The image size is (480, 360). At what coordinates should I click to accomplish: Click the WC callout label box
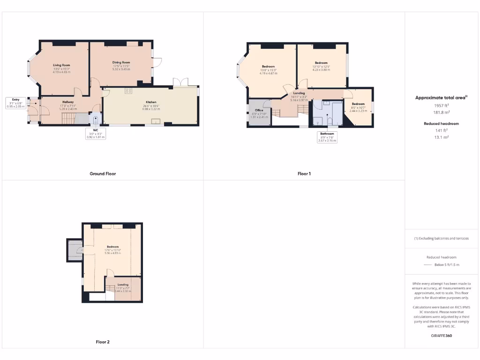(96, 134)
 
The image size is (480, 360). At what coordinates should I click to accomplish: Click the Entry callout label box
(16, 103)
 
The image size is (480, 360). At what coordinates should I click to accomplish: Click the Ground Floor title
(103, 173)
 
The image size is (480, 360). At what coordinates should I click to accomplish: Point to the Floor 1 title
(304, 173)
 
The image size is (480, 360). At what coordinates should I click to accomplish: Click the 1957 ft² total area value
(442, 106)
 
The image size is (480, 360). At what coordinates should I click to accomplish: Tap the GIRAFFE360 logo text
(442, 336)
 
